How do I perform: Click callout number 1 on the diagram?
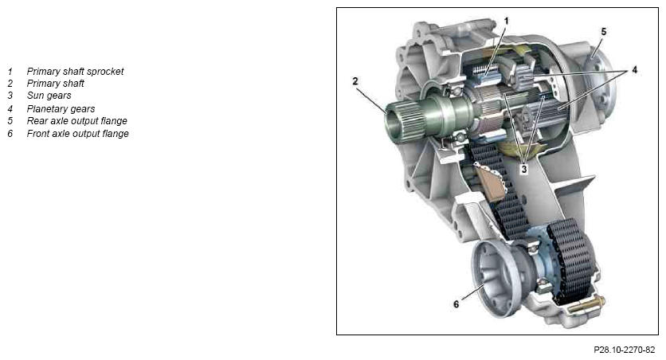[506, 21]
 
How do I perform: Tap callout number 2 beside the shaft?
[355, 80]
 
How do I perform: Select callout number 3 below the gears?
[524, 169]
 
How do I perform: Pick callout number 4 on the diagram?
[634, 69]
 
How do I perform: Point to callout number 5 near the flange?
[604, 31]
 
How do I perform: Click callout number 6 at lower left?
[456, 304]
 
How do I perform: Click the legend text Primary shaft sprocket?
[75, 72]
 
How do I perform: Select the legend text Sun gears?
[49, 96]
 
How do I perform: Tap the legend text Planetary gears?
[61, 108]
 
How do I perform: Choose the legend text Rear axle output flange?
[77, 121]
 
